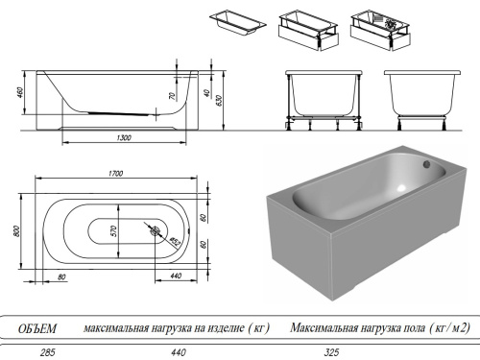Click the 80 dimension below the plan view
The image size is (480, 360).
(60, 276)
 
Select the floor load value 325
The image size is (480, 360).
(332, 352)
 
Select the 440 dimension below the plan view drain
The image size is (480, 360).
(176, 276)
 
